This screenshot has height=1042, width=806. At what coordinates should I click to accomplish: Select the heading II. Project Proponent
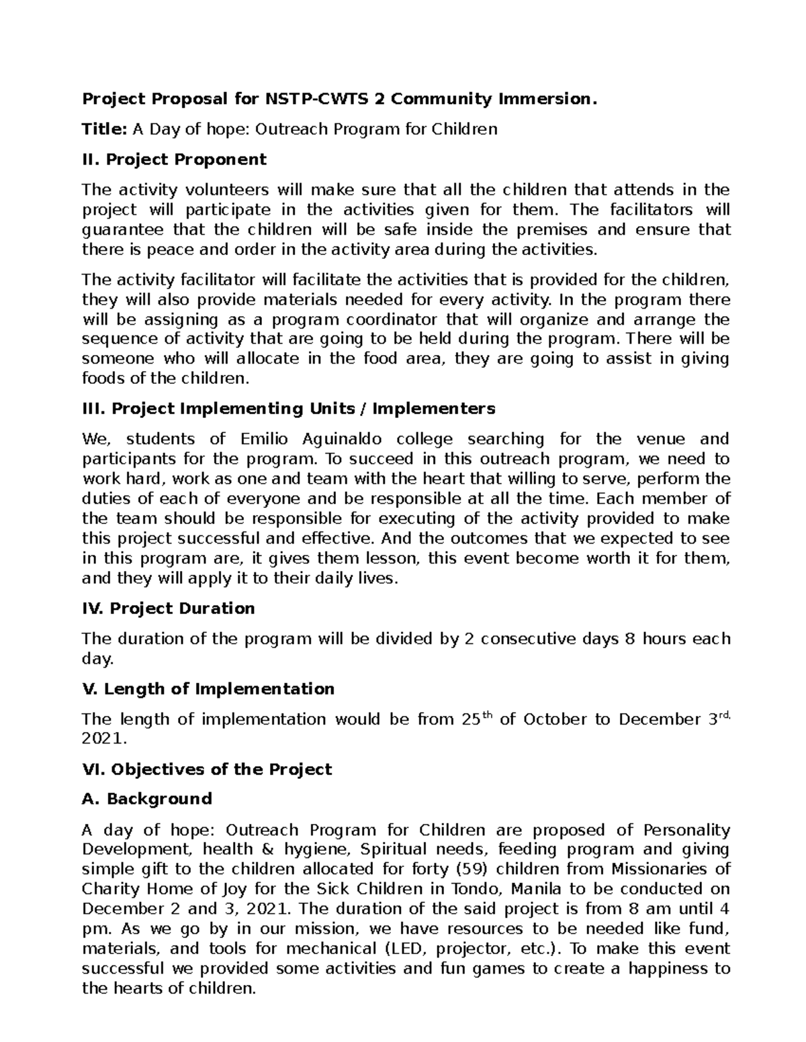pyautogui.click(x=173, y=159)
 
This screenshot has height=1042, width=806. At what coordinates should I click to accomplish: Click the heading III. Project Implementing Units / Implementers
pyautogui.click(x=288, y=408)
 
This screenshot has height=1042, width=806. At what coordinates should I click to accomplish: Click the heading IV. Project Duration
pyautogui.click(x=168, y=609)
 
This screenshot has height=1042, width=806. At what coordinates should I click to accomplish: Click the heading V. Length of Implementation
pyautogui.click(x=208, y=689)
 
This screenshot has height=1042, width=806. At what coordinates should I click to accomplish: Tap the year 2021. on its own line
pyautogui.click(x=103, y=739)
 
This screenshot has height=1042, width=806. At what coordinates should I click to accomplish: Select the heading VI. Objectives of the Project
pyautogui.click(x=206, y=769)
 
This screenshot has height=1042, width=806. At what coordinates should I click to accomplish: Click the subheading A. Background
pyautogui.click(x=146, y=799)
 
